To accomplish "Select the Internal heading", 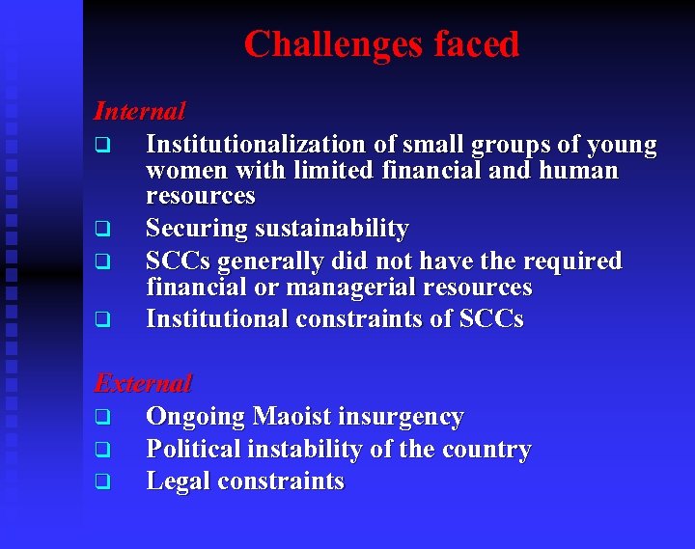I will (139, 111).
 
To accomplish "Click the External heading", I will (143, 383).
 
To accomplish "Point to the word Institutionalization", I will (256, 145).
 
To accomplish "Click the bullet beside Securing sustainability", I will (99, 231).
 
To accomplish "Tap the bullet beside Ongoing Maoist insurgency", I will (99, 419).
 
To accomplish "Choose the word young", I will (622, 146).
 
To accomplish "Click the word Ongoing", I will (195, 418).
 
